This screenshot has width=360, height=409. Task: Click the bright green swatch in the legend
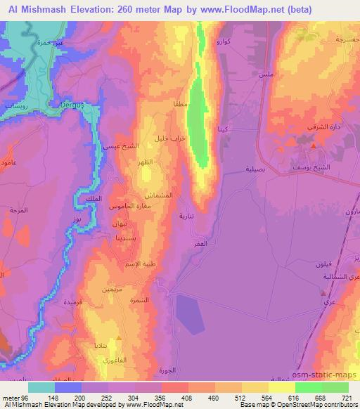308,387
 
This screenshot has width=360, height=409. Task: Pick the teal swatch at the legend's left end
41,387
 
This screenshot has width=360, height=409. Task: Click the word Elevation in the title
87,8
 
